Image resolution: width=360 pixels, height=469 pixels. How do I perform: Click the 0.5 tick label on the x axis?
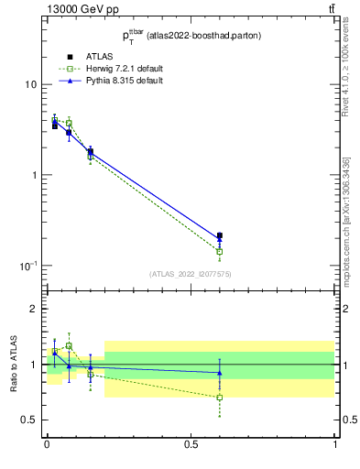coord(191,444)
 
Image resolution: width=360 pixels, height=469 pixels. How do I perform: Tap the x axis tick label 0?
coord(47,444)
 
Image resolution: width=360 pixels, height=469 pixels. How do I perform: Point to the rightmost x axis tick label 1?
coord(335,444)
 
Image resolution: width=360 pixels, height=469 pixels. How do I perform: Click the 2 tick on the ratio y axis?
coord(35,309)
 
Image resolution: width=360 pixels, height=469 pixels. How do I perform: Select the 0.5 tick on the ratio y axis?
coord(30,420)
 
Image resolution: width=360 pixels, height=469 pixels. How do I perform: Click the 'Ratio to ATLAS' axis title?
coord(14,364)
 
